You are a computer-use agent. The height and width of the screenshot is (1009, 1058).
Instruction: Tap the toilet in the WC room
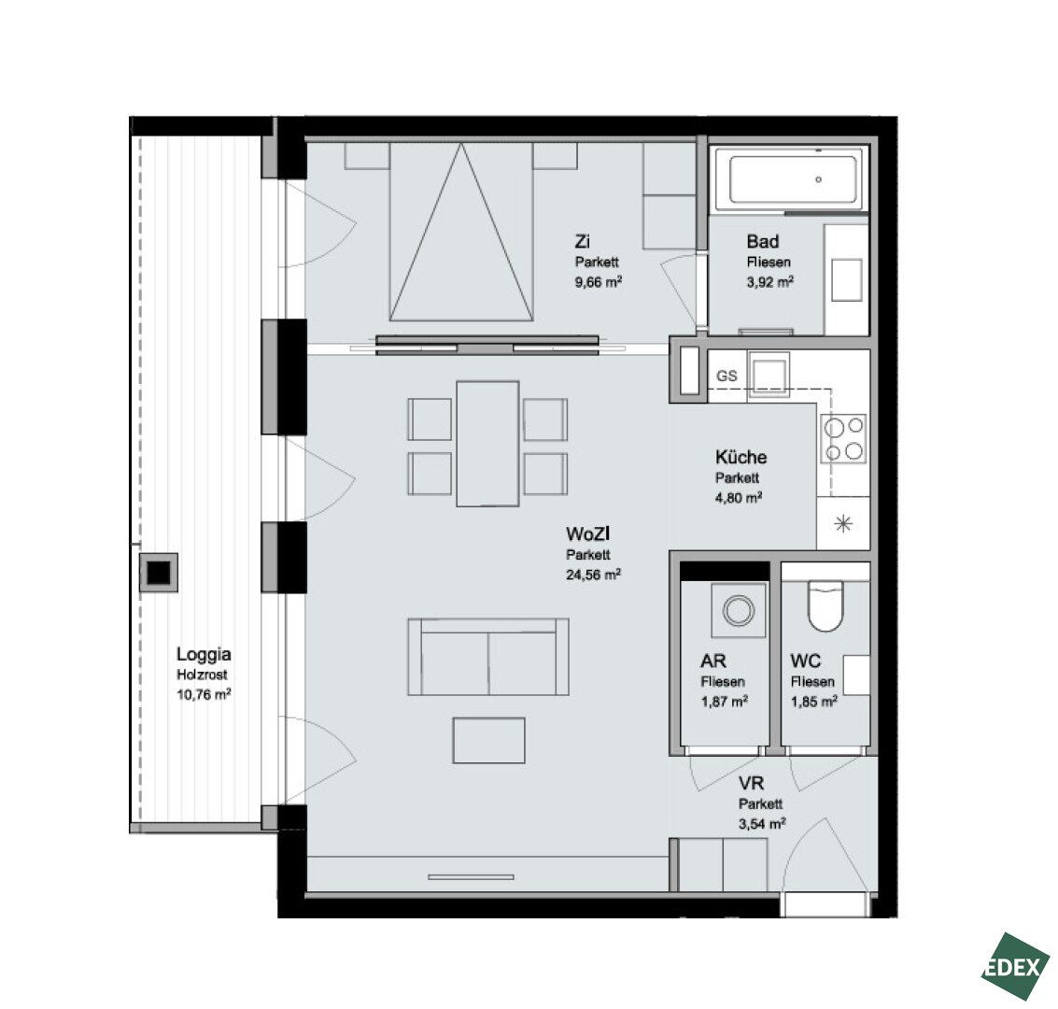pyautogui.click(x=825, y=605)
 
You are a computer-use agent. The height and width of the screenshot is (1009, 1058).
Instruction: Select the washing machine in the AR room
pyautogui.click(x=739, y=610)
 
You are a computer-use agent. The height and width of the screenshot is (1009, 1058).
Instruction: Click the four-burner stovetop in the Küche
pyautogui.click(x=843, y=439)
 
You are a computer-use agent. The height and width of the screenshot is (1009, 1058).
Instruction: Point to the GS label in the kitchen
pyautogui.click(x=726, y=376)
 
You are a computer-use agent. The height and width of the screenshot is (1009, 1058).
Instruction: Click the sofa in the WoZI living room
pyautogui.click(x=487, y=657)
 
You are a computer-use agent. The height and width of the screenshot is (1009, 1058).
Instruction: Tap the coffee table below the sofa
pyautogui.click(x=488, y=740)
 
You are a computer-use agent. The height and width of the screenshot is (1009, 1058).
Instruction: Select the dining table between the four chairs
pyautogui.click(x=487, y=444)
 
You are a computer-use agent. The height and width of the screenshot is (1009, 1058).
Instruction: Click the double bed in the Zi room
pyautogui.click(x=461, y=231)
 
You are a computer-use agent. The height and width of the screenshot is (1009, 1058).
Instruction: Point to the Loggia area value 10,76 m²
pyautogui.click(x=204, y=694)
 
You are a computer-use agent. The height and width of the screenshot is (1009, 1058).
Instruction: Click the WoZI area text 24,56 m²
pyautogui.click(x=593, y=575)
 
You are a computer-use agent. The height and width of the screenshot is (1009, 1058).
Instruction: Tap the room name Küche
pyautogui.click(x=741, y=457)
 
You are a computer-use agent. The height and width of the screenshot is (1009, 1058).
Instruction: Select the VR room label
pyautogui.click(x=751, y=783)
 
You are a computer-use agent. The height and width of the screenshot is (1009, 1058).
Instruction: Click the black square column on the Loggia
pyautogui.click(x=160, y=573)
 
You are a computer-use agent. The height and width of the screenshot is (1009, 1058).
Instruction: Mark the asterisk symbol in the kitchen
pyautogui.click(x=843, y=524)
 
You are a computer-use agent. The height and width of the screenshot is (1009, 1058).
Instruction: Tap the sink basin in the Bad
pyautogui.click(x=847, y=280)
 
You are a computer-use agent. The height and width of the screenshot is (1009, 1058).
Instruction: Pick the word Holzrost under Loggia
pyautogui.click(x=202, y=675)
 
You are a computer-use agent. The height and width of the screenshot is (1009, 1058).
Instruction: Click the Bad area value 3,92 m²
pyautogui.click(x=769, y=281)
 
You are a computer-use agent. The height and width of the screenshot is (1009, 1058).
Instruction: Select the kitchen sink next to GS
pyautogui.click(x=769, y=376)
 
